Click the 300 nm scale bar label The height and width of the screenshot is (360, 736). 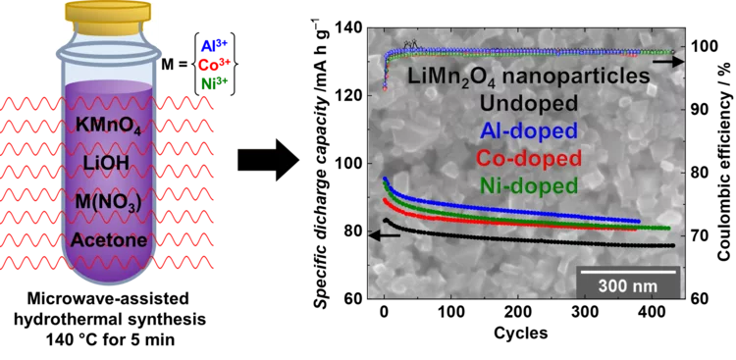tap(627, 285)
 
